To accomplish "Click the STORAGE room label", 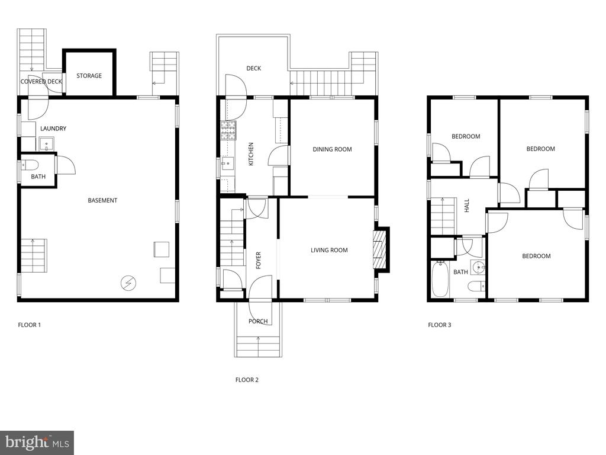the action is point(89,76).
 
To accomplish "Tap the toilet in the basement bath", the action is point(30,165).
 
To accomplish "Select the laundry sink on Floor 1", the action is point(47,144).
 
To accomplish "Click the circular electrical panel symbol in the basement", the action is point(128,283).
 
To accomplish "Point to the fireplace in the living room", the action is point(379,249).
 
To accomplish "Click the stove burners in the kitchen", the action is point(228,130).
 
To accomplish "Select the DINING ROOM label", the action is point(333,149).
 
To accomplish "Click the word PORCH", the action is point(258,321).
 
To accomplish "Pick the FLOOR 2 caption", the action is point(247,380).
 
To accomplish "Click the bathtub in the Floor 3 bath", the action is point(440,279).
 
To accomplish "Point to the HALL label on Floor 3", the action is point(467,206).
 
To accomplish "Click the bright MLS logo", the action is point(37,443).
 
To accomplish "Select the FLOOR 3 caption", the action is point(440,325).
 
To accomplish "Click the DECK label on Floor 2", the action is point(253,69).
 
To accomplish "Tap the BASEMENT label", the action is point(102,200).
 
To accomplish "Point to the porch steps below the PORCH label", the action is point(258,347).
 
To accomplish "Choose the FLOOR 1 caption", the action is point(30,325).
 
